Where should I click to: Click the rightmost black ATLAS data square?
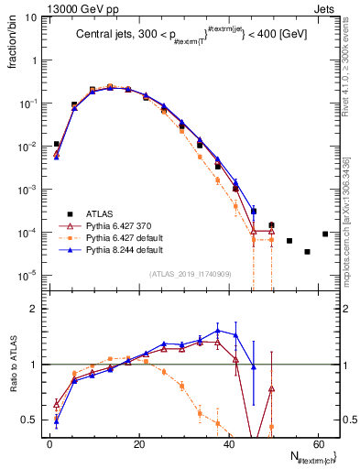click(x=325, y=234)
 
